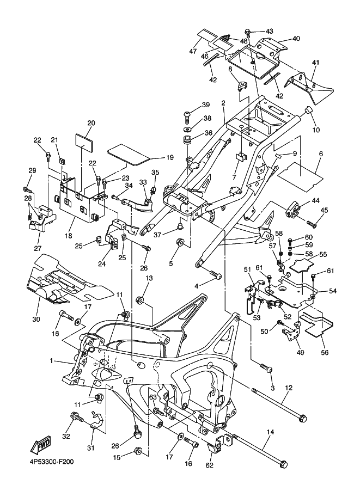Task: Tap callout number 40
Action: [x=296, y=39]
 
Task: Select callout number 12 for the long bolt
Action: [x=289, y=388]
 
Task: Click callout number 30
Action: [x=37, y=319]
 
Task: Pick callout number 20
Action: [x=91, y=123]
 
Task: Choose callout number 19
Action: [x=170, y=158]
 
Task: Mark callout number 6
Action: [x=321, y=154]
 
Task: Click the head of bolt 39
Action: [x=187, y=114]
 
